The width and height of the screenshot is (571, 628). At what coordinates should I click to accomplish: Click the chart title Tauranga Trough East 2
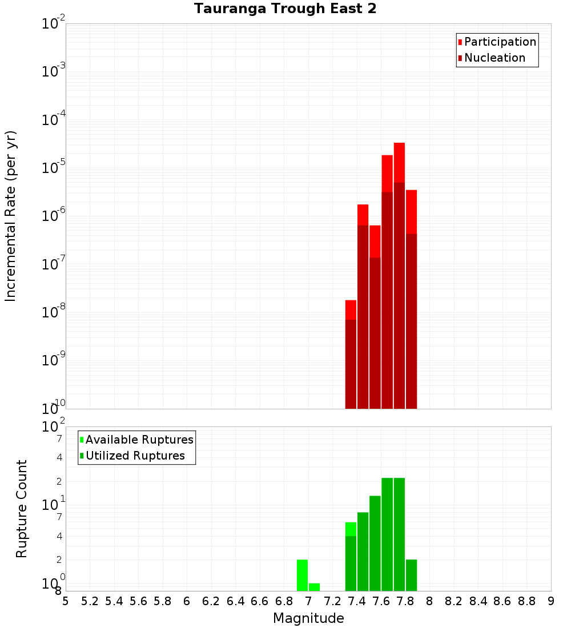click(x=285, y=9)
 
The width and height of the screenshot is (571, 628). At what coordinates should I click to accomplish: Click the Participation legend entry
click(x=500, y=42)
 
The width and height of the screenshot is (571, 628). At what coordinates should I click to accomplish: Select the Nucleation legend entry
click(x=494, y=58)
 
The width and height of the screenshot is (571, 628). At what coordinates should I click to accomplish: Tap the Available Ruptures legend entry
click(x=139, y=440)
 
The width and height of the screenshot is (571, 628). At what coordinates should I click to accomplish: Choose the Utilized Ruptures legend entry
click(x=135, y=456)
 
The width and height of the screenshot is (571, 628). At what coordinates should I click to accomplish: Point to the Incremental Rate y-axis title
click(x=11, y=216)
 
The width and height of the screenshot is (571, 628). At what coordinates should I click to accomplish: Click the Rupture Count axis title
click(x=22, y=509)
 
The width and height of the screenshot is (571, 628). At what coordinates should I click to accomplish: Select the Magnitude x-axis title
click(x=308, y=618)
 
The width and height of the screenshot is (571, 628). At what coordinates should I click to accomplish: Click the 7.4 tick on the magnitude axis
click(x=357, y=601)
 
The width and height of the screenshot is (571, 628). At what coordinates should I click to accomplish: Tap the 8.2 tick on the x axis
click(x=454, y=601)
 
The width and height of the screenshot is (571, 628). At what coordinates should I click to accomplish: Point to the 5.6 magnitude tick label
click(x=139, y=601)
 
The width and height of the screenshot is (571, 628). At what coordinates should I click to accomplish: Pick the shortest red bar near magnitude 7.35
click(x=351, y=309)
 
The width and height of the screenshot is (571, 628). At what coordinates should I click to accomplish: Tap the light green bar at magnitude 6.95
click(x=302, y=575)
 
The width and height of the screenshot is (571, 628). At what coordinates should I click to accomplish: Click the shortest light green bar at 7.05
click(x=314, y=587)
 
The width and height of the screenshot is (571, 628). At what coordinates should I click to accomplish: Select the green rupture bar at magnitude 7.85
click(x=411, y=575)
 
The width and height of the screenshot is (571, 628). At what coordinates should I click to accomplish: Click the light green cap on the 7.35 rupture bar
click(x=351, y=529)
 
